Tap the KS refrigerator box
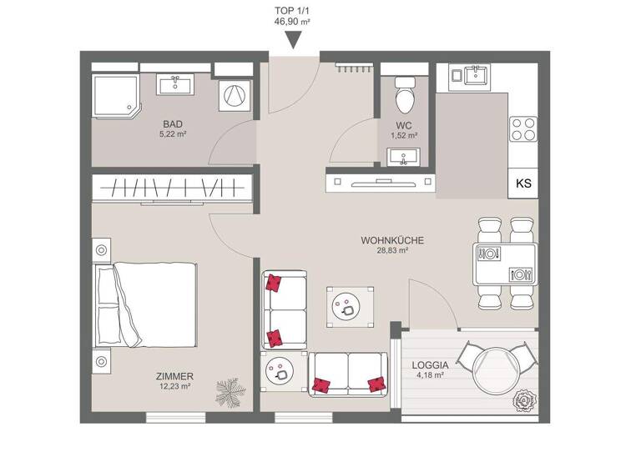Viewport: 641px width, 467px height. click(x=522, y=183)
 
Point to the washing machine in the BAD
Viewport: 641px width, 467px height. click(x=235, y=94)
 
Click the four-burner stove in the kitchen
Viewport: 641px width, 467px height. click(x=523, y=128)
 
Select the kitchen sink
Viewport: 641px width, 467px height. click(x=472, y=76)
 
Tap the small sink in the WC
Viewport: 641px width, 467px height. click(x=405, y=155)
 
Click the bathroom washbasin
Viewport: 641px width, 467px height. click(x=177, y=83)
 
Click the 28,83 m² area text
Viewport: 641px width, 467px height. click(x=391, y=250)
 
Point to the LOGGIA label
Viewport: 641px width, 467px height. click(x=431, y=365)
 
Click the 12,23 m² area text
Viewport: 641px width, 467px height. click(x=175, y=386)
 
